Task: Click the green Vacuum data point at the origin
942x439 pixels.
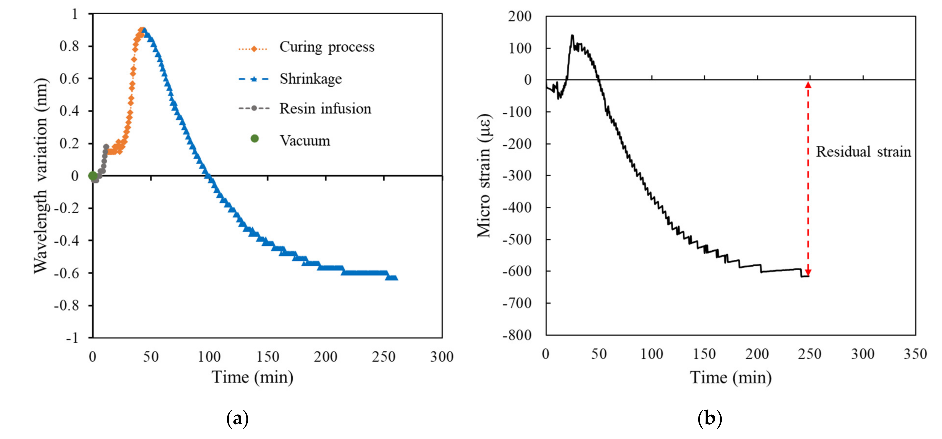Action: (x=93, y=176)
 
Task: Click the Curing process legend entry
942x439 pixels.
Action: (x=327, y=47)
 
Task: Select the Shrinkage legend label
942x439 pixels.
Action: (x=311, y=79)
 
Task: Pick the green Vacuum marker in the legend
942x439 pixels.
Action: (x=254, y=138)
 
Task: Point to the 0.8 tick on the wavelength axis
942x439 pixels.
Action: (x=69, y=46)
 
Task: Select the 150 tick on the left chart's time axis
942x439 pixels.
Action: (x=267, y=357)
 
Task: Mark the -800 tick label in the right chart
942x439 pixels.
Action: (x=517, y=335)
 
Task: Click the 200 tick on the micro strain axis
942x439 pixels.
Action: (x=520, y=17)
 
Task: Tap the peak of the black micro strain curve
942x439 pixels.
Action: (x=572, y=36)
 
